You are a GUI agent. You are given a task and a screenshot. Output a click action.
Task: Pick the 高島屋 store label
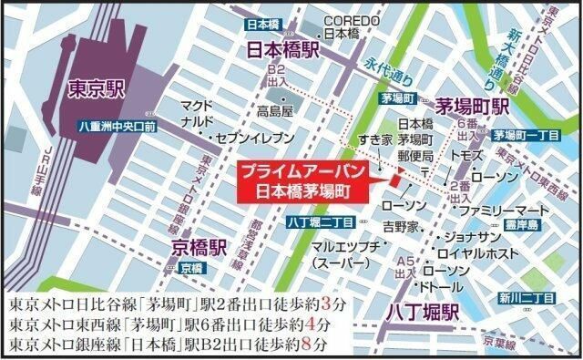pyautogui.click(x=274, y=112)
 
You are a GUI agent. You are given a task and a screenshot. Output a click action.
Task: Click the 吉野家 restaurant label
pyautogui.click(x=400, y=225)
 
